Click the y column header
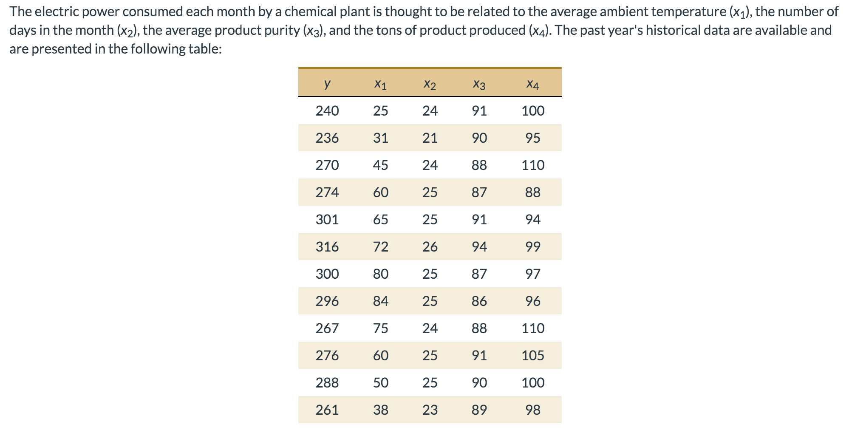(327, 84)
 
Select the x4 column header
(532, 85)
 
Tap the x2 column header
(430, 85)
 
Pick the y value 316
(327, 246)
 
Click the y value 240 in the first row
(327, 111)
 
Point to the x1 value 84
(380, 301)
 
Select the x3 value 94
(479, 246)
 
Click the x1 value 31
(380, 138)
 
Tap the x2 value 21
(430, 138)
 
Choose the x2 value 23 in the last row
(430, 410)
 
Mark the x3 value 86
(479, 301)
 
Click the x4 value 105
(532, 355)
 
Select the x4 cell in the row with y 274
(532, 192)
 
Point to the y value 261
(327, 410)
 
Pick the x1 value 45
(380, 165)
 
